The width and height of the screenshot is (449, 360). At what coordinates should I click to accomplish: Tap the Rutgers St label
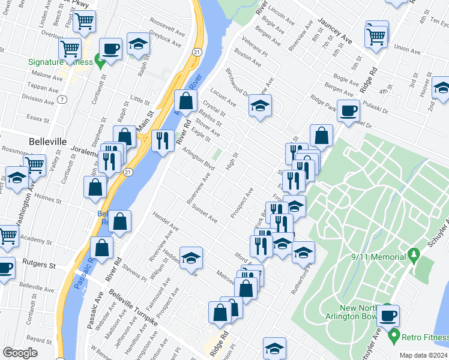[x=38, y=263]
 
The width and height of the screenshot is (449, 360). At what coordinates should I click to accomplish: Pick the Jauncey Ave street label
[x=335, y=29]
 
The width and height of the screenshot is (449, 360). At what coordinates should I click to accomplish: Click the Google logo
[x=20, y=353]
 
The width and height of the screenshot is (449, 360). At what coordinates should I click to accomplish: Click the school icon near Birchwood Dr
[x=259, y=106]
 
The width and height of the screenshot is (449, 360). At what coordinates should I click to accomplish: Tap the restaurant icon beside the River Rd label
[x=162, y=141]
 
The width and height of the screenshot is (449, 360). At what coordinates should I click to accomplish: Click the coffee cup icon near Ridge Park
[x=348, y=110]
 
